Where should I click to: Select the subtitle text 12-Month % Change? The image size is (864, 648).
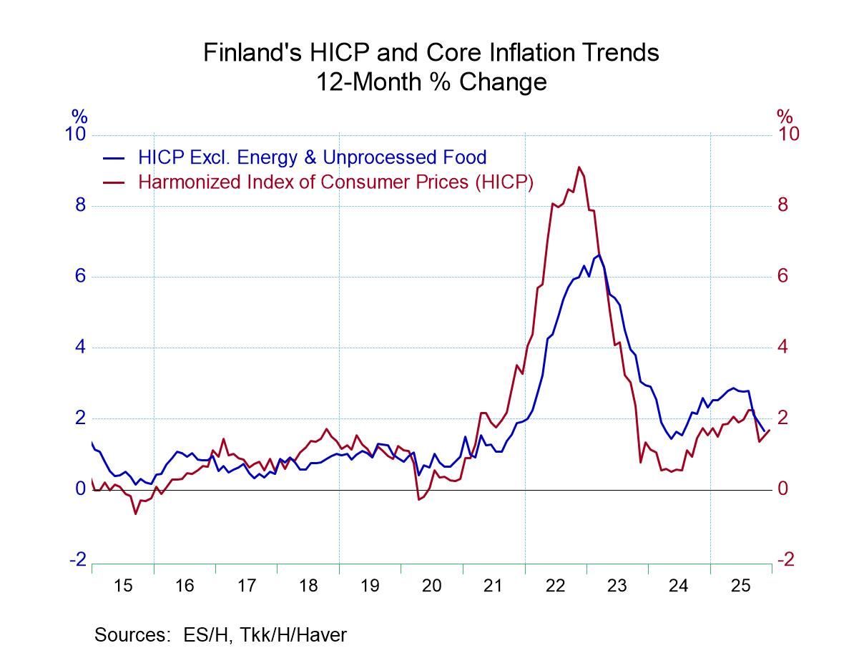pos(431,82)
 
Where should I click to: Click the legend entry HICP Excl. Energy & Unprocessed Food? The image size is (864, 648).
pos(313,157)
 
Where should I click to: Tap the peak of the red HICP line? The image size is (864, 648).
pos(579,167)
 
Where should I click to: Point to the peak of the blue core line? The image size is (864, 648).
pos(599,255)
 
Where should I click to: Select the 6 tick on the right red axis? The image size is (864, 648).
pos(784,277)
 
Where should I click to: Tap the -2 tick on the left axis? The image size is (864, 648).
pos(77,560)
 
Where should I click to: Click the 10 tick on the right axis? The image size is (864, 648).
pos(788,134)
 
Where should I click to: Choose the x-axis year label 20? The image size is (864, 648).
pos(431,586)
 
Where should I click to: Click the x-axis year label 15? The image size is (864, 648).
pos(122,586)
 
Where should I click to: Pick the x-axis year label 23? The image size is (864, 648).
pos(617,586)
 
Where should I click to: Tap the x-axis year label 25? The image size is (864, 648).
pos(740,586)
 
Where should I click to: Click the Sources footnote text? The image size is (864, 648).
pos(220,634)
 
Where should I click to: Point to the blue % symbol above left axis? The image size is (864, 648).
pos(79,116)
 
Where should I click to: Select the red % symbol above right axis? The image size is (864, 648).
pos(785,116)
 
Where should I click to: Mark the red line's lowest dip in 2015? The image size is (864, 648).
pos(134,514)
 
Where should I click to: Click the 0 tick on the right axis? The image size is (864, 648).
pos(784,489)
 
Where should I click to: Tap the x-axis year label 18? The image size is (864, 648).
pos(308,586)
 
